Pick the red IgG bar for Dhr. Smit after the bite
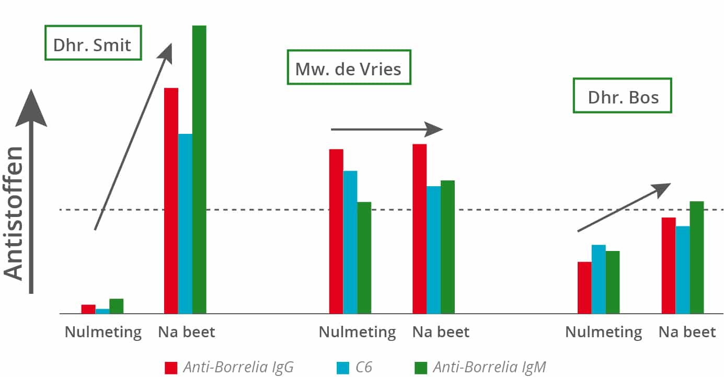click(x=171, y=201)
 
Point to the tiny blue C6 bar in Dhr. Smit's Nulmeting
click(x=102, y=311)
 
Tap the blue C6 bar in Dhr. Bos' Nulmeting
click(x=599, y=279)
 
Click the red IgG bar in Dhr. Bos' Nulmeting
click(x=584, y=288)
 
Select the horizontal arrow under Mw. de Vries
click(x=387, y=129)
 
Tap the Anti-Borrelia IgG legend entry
click(x=229, y=368)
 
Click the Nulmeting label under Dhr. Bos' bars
click(x=604, y=332)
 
